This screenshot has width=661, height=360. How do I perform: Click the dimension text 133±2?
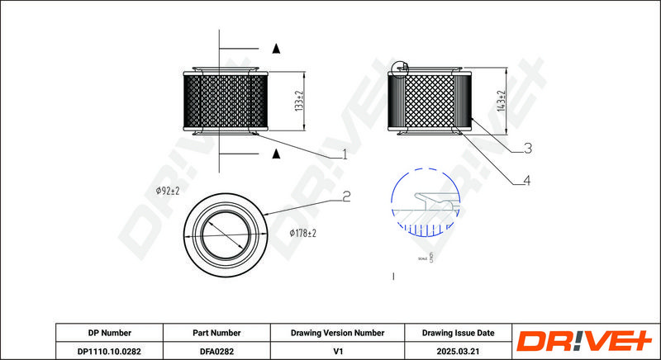pos(301,102)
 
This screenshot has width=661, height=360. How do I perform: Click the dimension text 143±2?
pos(501,102)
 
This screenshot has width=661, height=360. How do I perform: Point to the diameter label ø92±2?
pos(168,191)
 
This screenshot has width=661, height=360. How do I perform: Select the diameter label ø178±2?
pos(303,234)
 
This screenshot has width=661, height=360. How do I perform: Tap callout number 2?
pos(347,197)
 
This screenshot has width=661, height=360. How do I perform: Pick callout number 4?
pos(525,181)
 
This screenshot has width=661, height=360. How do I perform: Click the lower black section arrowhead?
pos(277,154)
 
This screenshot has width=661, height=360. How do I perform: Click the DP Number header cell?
pos(109,333)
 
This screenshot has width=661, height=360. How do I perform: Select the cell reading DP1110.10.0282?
pos(109,350)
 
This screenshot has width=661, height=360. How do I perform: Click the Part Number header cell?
pos(216,333)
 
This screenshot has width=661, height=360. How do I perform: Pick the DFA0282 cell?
pos(216,350)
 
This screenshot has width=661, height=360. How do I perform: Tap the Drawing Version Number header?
pos(337,333)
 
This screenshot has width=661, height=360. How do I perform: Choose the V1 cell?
pos(337,350)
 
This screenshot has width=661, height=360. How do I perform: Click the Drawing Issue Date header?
pos(458,333)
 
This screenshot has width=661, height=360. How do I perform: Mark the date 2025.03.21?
pos(458,350)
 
